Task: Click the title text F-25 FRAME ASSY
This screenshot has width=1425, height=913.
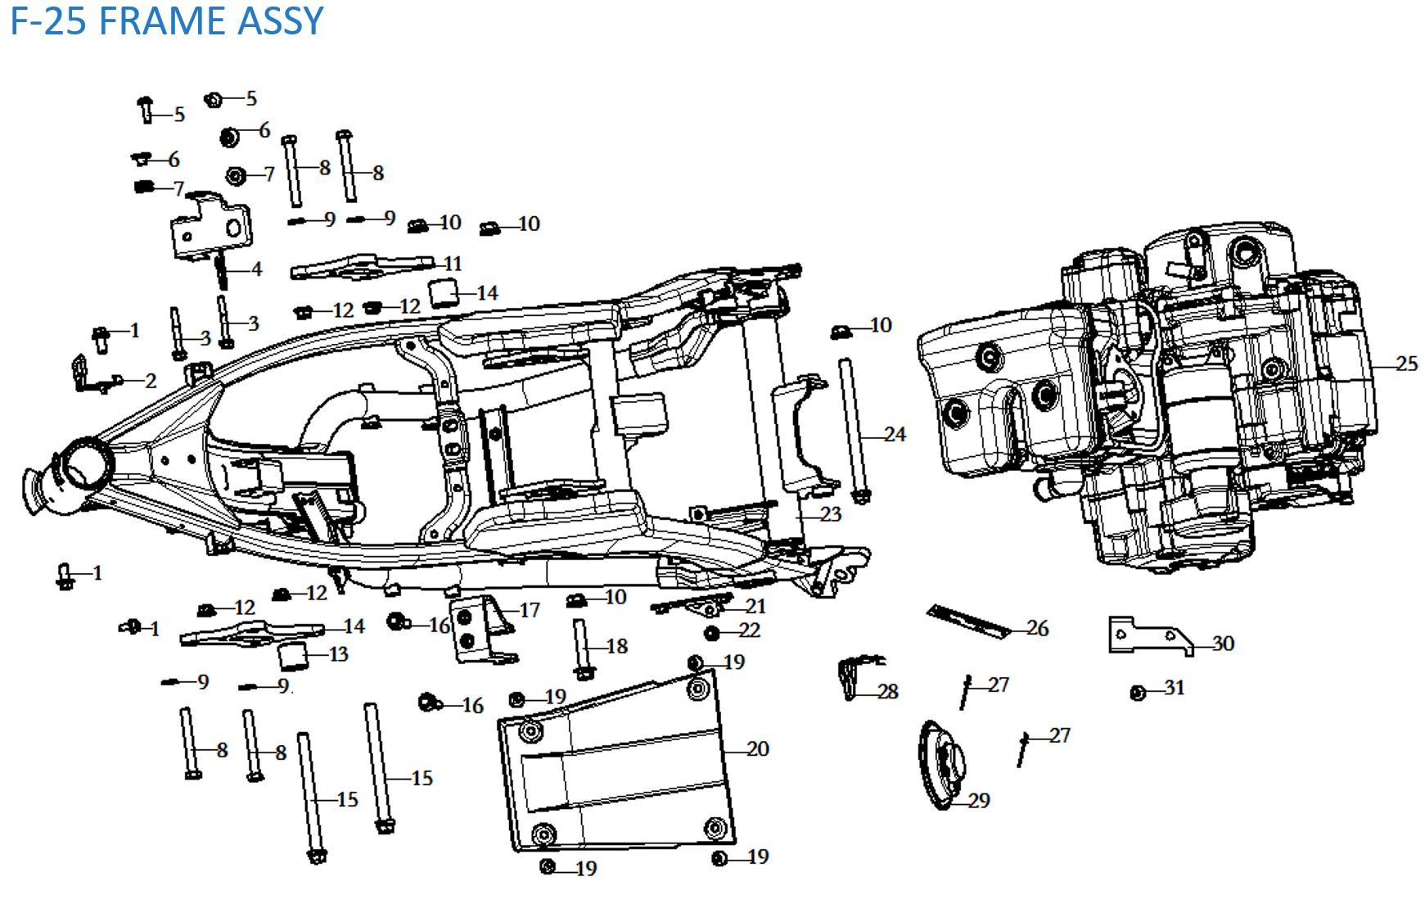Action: tap(166, 20)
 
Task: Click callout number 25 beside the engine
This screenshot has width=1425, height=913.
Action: tap(1406, 364)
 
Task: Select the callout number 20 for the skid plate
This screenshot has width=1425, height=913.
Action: tap(758, 748)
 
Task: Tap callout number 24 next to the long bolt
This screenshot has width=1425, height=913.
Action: tap(895, 434)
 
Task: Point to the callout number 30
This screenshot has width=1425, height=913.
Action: tap(1223, 644)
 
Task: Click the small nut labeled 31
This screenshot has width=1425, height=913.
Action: tap(1137, 693)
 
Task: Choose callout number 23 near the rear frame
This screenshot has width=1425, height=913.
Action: tap(831, 514)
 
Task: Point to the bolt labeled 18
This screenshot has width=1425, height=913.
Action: tap(582, 649)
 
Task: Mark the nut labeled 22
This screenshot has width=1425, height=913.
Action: tap(712, 633)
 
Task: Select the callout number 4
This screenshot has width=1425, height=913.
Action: tap(257, 269)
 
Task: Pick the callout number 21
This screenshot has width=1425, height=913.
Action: tap(755, 606)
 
